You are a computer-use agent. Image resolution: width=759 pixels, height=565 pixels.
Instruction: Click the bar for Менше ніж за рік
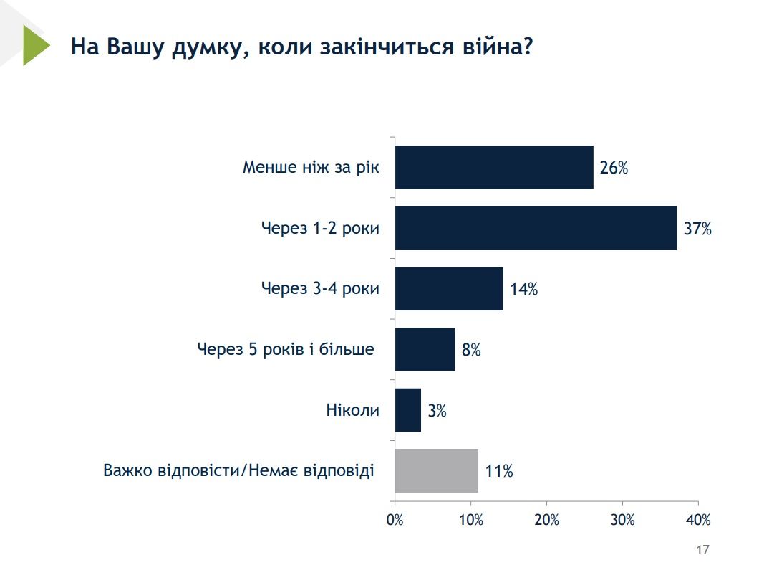tap(494, 167)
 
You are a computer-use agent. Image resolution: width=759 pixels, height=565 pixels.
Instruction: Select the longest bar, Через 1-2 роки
tap(536, 228)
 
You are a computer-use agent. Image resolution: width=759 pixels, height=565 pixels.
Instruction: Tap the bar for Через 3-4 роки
tap(449, 288)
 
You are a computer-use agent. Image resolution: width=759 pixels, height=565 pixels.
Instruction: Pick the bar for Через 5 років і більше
tap(425, 349)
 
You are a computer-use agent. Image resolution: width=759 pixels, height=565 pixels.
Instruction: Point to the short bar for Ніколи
tap(408, 410)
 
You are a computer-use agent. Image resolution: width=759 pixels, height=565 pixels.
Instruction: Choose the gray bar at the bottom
tap(436, 470)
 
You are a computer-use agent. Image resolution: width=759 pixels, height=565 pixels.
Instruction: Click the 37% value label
tap(697, 229)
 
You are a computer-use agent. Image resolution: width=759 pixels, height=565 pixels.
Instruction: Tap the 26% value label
tap(614, 168)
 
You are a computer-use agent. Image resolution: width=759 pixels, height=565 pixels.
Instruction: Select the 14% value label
tap(523, 290)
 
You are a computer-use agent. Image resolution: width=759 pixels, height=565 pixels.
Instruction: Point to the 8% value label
tap(471, 351)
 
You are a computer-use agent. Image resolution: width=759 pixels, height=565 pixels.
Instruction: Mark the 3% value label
tap(437, 411)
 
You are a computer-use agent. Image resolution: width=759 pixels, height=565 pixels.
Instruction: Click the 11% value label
tap(498, 472)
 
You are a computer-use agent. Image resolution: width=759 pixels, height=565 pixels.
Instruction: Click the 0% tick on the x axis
tap(395, 520)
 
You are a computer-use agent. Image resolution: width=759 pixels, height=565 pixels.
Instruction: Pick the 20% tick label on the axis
tap(547, 520)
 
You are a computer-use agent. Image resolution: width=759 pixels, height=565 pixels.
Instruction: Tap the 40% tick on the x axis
tap(698, 520)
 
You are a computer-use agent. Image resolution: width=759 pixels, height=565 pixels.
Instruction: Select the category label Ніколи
tap(352, 411)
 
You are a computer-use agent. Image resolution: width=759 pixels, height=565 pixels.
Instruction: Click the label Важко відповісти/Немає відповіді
tap(238, 472)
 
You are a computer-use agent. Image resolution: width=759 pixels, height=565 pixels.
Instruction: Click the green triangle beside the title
tap(34, 45)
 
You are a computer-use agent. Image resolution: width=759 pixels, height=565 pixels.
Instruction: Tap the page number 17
tap(702, 550)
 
